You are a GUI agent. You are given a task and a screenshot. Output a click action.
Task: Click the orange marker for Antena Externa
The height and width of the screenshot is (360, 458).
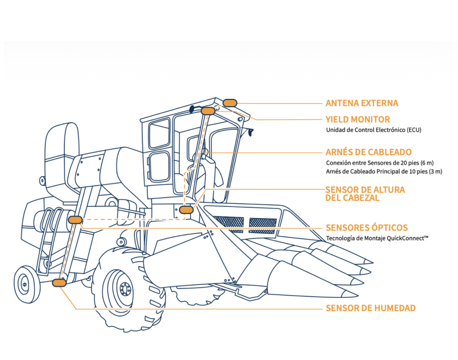[x=230, y=103]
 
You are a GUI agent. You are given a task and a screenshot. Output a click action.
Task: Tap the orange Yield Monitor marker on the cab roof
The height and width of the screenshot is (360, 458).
[x=208, y=111]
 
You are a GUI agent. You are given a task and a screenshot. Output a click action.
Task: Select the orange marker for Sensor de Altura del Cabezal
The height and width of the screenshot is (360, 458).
[x=187, y=210]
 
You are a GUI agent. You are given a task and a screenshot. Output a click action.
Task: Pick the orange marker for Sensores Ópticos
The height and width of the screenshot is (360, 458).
[x=75, y=220]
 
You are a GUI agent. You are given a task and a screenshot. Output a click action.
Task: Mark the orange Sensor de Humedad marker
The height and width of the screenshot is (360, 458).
[x=59, y=283]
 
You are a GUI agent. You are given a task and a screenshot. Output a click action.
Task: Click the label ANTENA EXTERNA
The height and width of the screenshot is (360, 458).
[x=361, y=103]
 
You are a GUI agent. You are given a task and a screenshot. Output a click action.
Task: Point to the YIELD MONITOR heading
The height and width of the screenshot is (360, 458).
[x=358, y=119]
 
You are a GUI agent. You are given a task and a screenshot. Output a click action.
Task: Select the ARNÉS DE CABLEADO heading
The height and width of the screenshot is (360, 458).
[x=369, y=152]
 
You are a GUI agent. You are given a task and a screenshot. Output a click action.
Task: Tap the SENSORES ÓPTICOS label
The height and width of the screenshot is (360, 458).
[x=367, y=228]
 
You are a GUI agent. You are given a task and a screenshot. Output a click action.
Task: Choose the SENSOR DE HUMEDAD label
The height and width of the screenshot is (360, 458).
[x=370, y=308]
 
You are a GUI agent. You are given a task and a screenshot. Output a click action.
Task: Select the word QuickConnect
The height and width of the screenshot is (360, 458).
[x=405, y=238]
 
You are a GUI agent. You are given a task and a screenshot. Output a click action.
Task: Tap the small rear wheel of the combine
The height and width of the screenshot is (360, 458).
[x=27, y=285]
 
